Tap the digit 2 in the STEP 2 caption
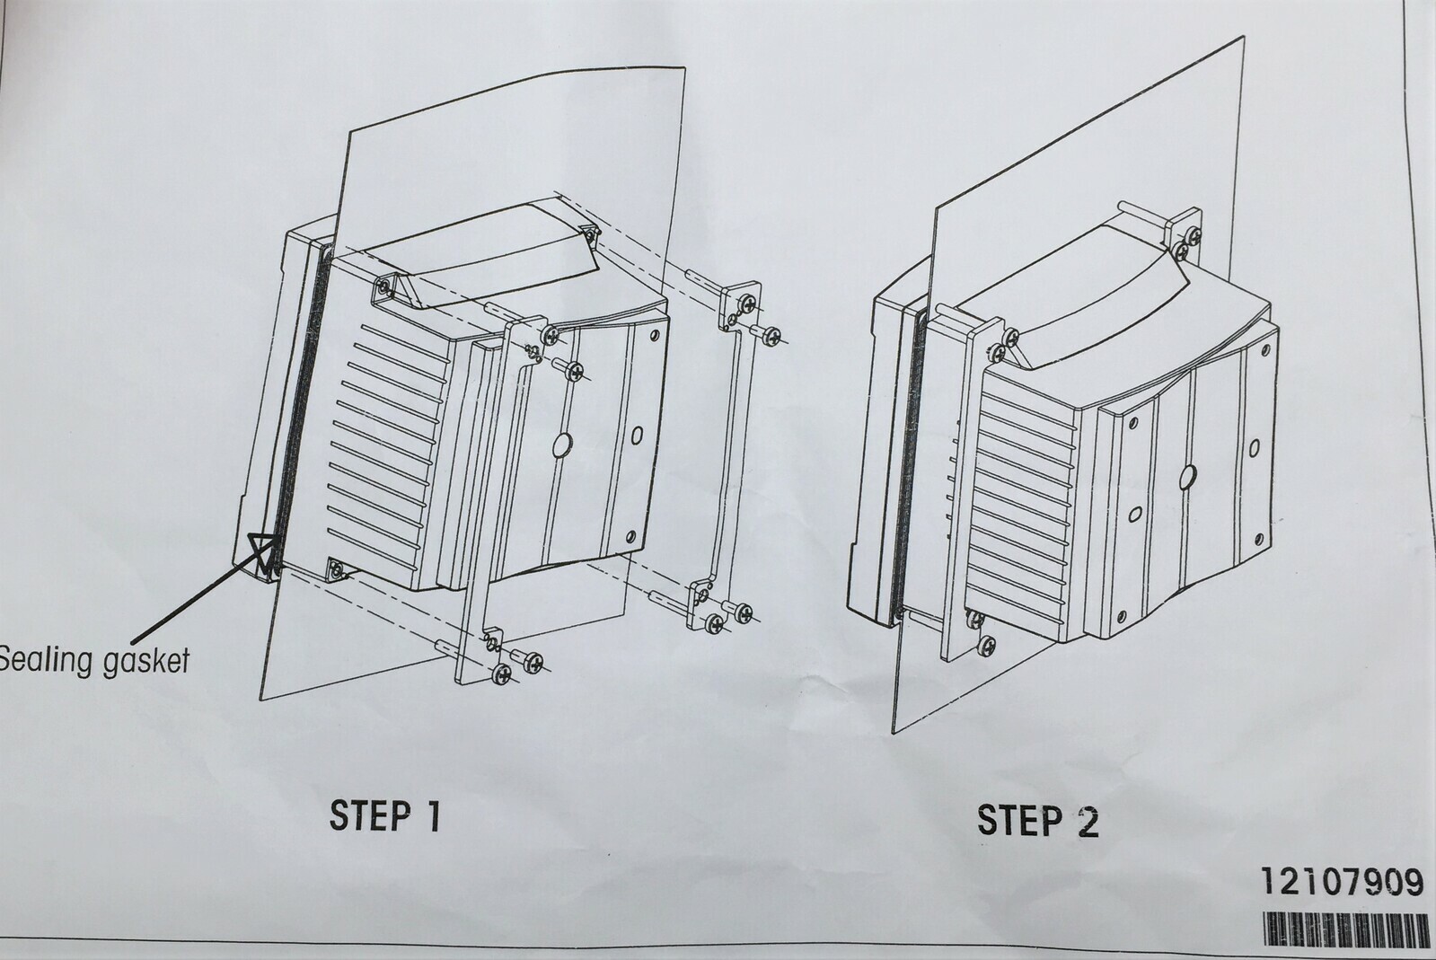coord(1087,821)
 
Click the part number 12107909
coord(1342,883)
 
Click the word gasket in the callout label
coord(144,662)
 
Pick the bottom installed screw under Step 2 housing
coord(985,644)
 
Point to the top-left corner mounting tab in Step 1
coord(383,288)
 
